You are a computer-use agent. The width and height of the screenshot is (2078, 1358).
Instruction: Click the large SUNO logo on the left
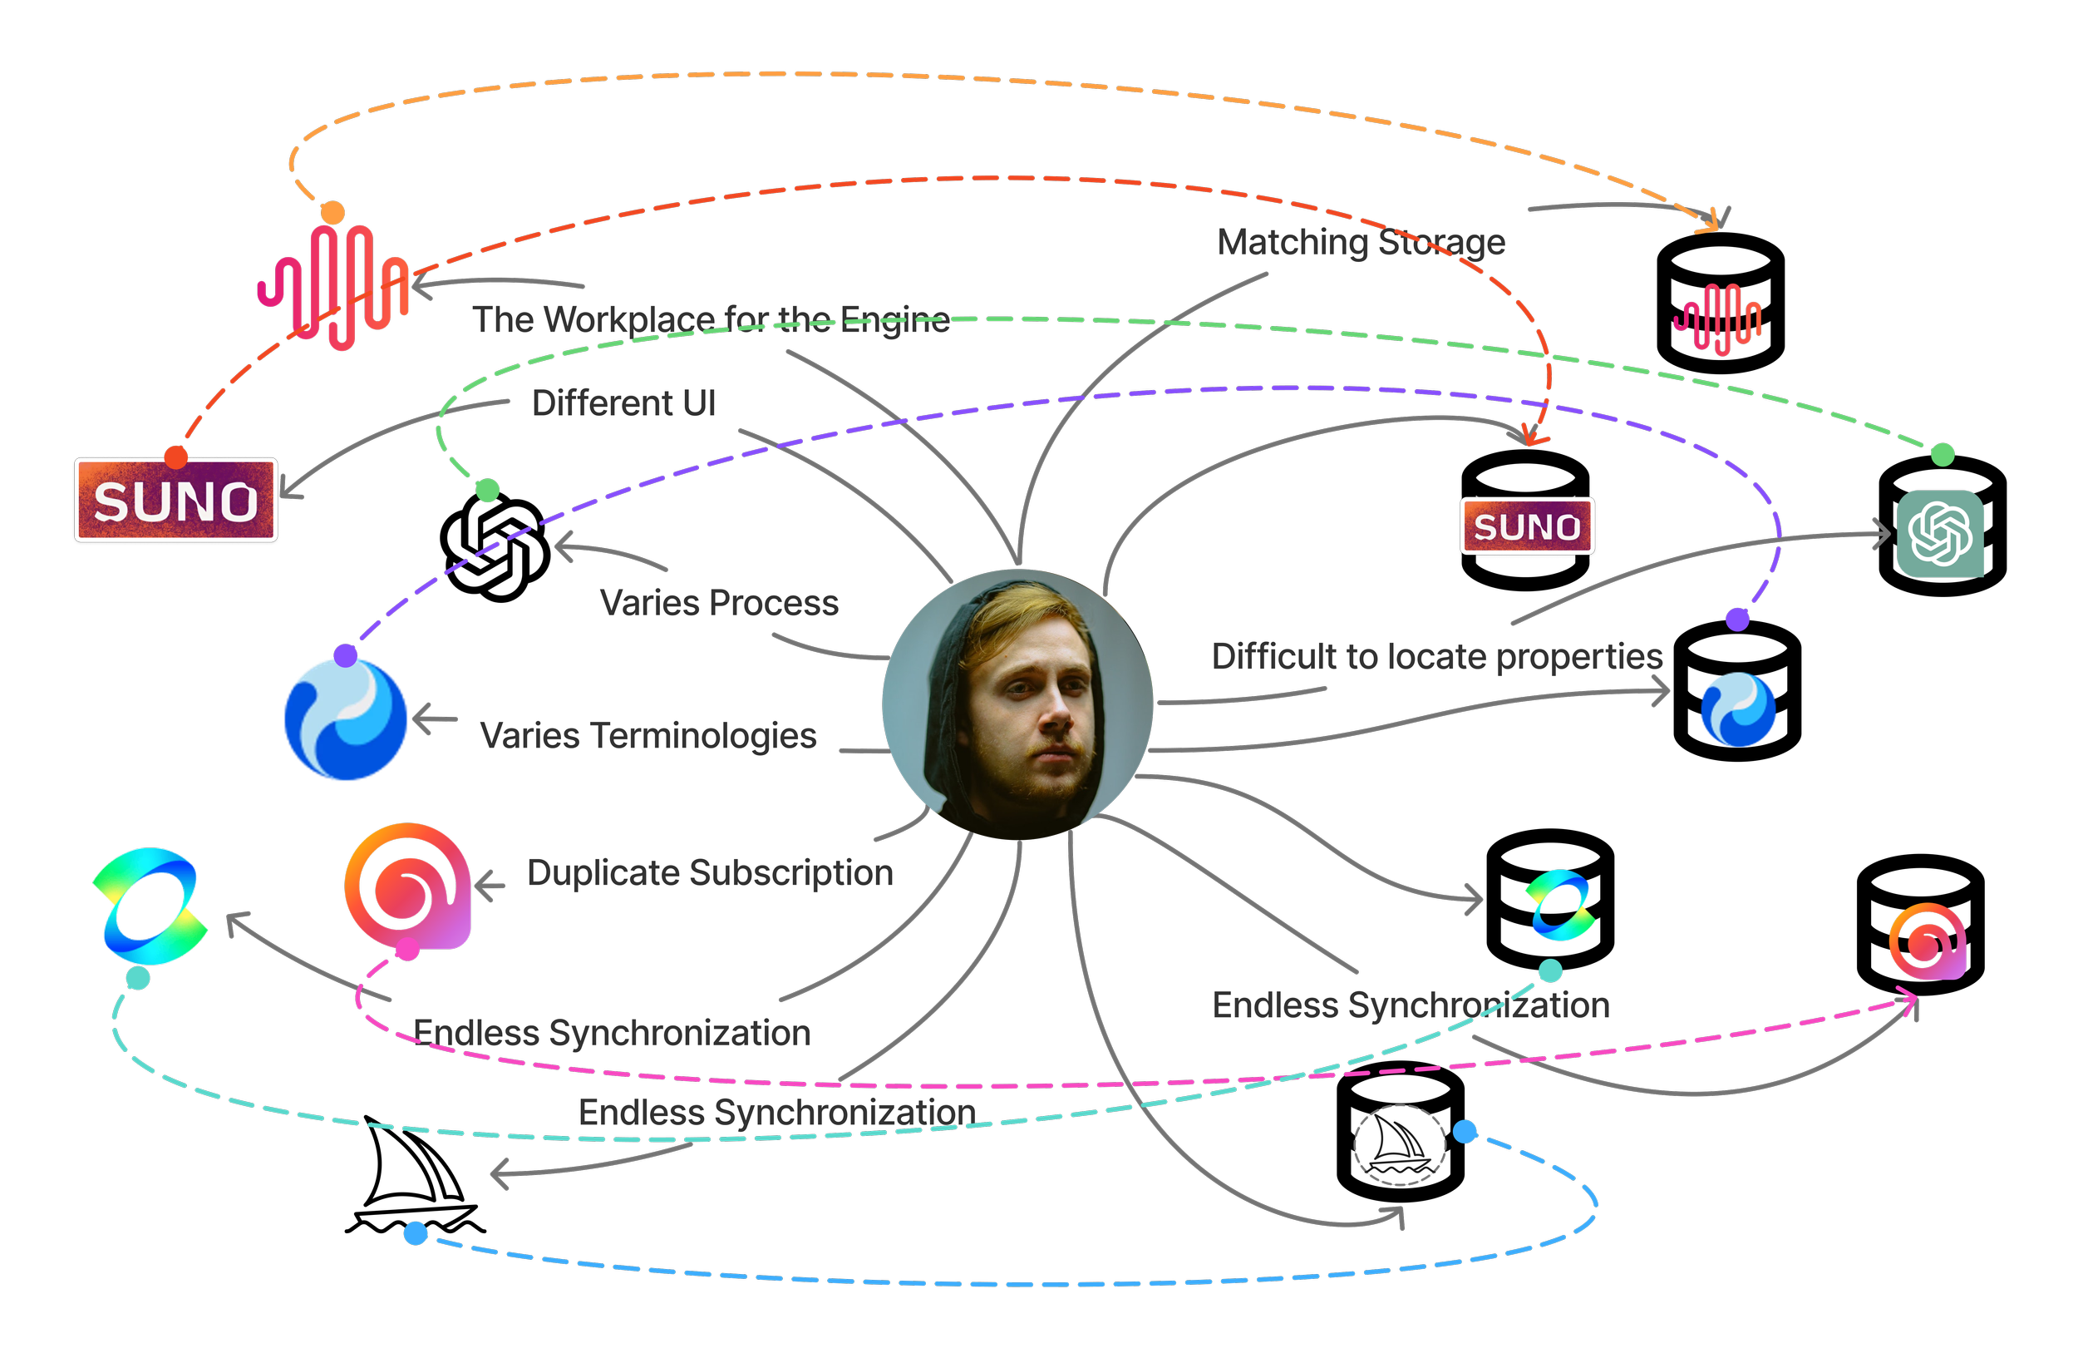pyautogui.click(x=175, y=501)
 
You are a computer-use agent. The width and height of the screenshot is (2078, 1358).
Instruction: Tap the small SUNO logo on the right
pyautogui.click(x=1527, y=526)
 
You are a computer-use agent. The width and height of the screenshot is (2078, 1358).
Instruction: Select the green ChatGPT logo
pyautogui.click(x=1940, y=534)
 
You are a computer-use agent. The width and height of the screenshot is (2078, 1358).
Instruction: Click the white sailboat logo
pyautogui.click(x=1399, y=1145)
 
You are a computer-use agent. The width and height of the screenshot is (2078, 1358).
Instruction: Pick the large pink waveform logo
pyautogui.click(x=333, y=286)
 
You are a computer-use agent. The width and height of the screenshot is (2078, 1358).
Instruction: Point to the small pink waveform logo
pyautogui.click(x=1716, y=319)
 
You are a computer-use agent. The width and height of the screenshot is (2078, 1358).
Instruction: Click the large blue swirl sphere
pyautogui.click(x=346, y=719)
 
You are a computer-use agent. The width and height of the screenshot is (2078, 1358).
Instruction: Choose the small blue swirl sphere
pyautogui.click(x=1737, y=709)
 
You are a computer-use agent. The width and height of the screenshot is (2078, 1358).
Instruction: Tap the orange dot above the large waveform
pyautogui.click(x=332, y=212)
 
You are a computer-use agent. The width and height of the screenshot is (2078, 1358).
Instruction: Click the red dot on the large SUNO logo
pyautogui.click(x=176, y=457)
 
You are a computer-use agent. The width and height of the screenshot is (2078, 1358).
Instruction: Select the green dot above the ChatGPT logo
pyautogui.click(x=1942, y=454)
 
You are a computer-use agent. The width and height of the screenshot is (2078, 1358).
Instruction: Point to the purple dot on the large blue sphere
pyautogui.click(x=346, y=656)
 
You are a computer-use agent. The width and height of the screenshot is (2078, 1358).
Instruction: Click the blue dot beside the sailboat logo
pyautogui.click(x=1465, y=1132)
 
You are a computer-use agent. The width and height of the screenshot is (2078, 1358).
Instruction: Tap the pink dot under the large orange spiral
pyautogui.click(x=406, y=951)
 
